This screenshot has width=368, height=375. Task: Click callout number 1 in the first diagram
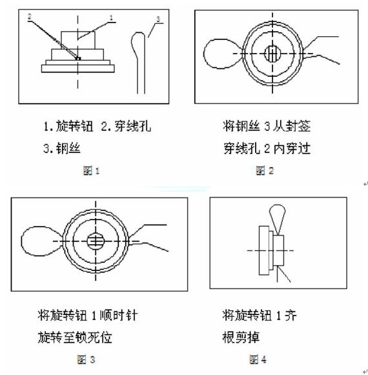tap(111, 17)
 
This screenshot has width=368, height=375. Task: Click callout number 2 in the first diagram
tap(30, 17)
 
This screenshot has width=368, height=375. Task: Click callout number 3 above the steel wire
tap(158, 19)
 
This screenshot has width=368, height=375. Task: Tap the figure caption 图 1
tap(91, 171)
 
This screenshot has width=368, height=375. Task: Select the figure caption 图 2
tap(265, 171)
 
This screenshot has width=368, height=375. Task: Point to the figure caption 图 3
tap(86, 360)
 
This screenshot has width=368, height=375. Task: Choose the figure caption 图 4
tap(258, 360)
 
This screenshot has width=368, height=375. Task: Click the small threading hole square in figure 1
tap(78, 58)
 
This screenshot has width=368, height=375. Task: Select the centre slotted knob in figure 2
tap(272, 54)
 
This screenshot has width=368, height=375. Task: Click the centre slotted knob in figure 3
tap(96, 241)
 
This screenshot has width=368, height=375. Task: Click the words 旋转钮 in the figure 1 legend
tap(74, 126)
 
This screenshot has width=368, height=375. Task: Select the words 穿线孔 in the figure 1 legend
tap(133, 126)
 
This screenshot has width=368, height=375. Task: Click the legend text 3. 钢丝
tap(62, 148)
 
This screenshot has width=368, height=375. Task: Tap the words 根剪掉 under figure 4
tap(241, 338)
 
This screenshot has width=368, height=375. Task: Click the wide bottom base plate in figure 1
tap(77, 68)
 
